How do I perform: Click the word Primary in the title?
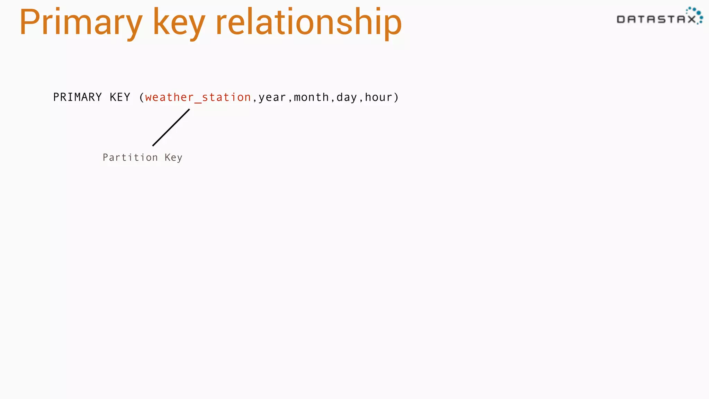point(81,23)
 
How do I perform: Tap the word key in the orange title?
point(179,23)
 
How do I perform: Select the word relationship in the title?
point(308,23)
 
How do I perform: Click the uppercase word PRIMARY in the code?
point(78,97)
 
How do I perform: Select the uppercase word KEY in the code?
point(120,97)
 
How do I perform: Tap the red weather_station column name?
point(198,97)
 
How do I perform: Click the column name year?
point(272,98)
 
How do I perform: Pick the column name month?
point(311,97)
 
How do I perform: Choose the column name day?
point(347,98)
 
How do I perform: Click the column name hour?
point(378,97)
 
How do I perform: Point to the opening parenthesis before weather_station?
point(141,97)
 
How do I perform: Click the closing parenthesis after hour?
point(396,97)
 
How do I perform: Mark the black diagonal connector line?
point(171,127)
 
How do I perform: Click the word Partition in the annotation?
point(130,158)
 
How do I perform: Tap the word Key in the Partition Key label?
point(173,158)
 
